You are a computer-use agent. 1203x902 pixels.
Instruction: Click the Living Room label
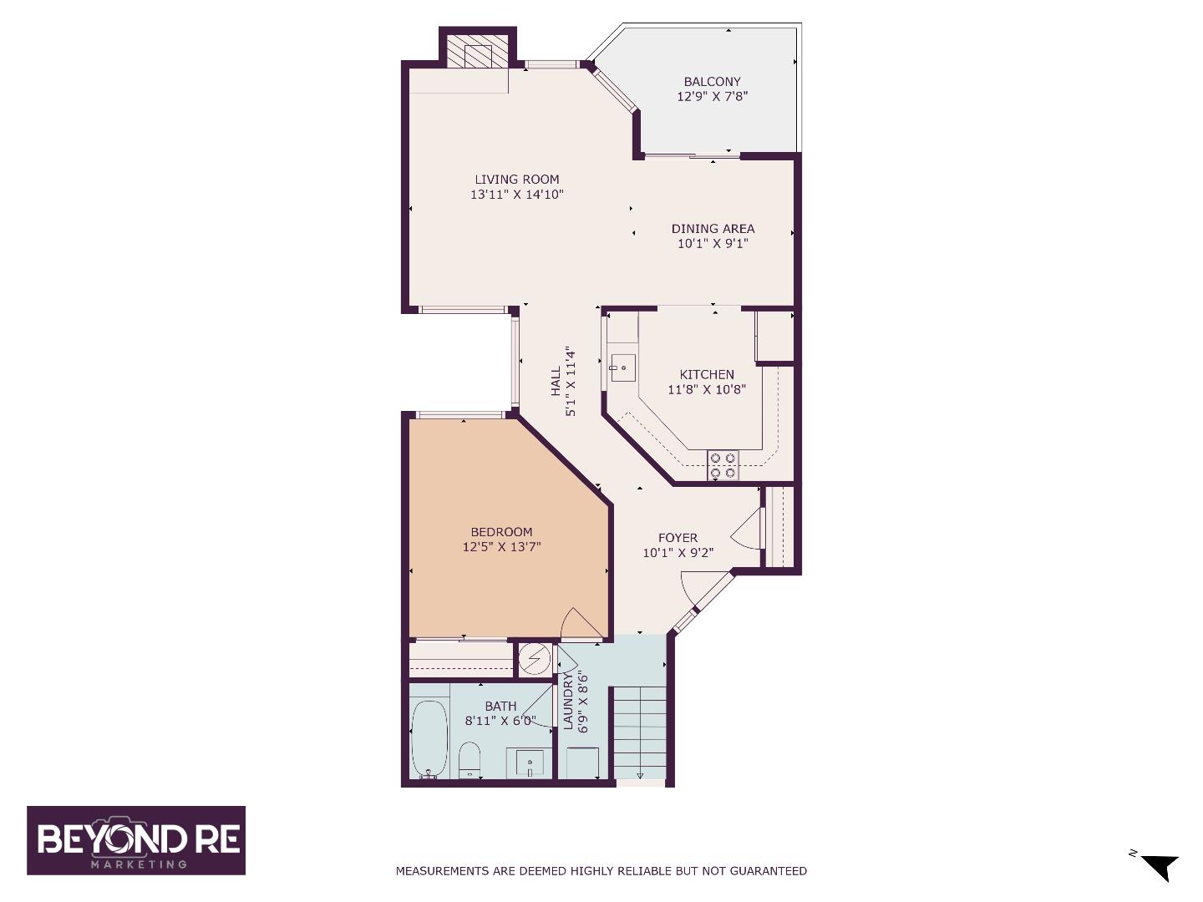pos(516,179)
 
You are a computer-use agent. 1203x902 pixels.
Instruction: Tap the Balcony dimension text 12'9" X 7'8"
pos(712,96)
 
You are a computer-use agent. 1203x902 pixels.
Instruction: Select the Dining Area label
pos(713,228)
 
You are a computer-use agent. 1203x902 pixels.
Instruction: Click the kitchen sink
pos(622,367)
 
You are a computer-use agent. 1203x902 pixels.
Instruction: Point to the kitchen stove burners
pos(723,465)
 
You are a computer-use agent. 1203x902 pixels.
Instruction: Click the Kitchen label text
pos(707,374)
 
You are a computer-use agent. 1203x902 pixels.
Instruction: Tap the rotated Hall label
pos(556,382)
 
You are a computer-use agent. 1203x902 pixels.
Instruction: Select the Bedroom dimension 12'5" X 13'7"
pos(501,547)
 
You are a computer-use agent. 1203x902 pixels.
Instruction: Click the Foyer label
pos(678,538)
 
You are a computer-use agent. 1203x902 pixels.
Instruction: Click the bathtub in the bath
pos(429,738)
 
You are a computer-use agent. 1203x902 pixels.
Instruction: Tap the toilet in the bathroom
pos(470,759)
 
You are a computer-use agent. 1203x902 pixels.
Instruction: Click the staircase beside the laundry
pos(639,731)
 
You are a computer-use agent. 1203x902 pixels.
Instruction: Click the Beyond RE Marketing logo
pos(136,840)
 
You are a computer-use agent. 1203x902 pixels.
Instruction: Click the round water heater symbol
pos(534,660)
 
